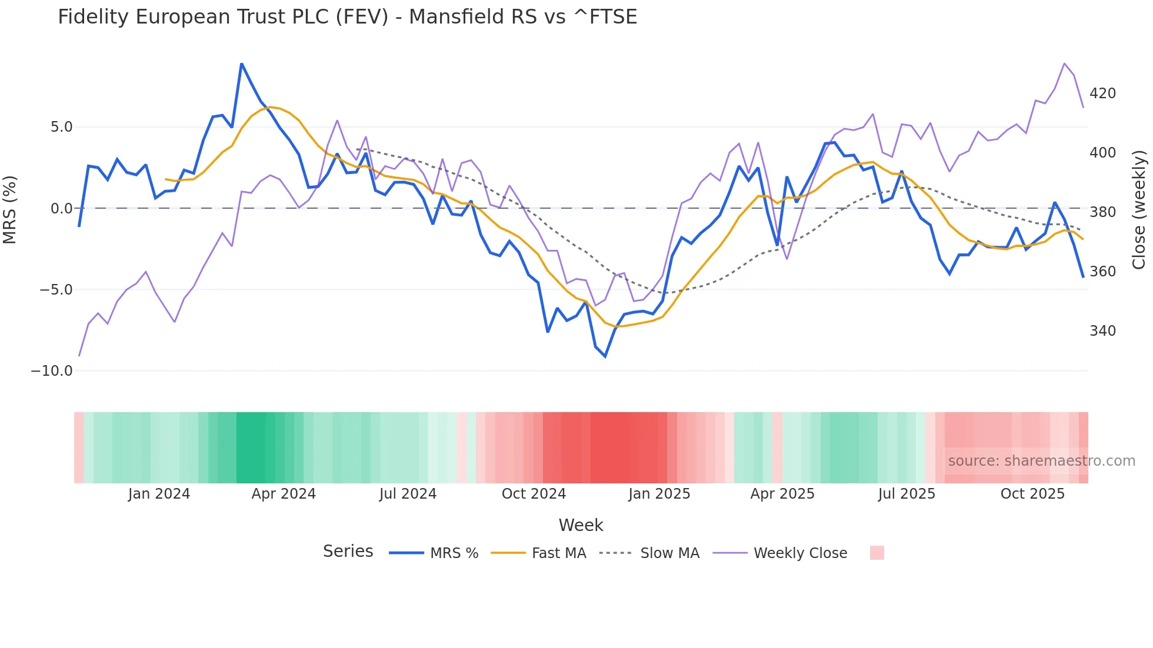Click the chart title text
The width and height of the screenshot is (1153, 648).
pos(347,17)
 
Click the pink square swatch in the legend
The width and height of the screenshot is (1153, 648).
pos(877,553)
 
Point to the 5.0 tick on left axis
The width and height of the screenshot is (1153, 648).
pos(61,127)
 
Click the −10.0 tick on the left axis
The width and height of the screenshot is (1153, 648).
pos(52,371)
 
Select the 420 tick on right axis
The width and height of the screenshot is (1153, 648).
pos(1102,93)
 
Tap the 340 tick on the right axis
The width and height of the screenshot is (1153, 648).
pos(1102,331)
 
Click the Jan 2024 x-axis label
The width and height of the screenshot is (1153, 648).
pos(159,494)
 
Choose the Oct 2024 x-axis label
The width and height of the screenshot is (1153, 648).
pos(534,494)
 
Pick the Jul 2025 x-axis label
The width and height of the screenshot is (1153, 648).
pos(907,494)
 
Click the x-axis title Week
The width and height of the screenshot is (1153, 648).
pos(581,525)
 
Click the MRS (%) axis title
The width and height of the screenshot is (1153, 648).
pos(10,209)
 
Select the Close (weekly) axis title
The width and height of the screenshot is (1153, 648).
pos(1139,209)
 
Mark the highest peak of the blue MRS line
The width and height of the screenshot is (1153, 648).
pos(242,64)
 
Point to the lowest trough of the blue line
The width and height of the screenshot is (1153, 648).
pos(605,356)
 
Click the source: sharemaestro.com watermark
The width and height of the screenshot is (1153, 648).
pos(1041,461)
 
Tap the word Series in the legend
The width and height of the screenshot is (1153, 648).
pos(348,552)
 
